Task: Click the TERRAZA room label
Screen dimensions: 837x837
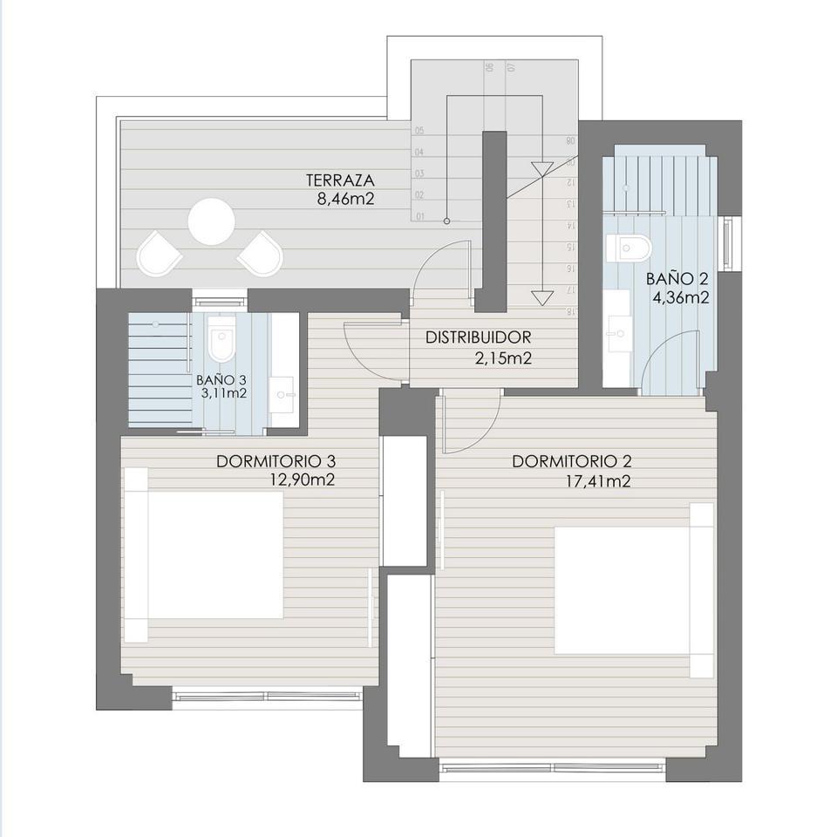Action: coord(340,180)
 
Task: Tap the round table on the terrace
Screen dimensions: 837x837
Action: coord(212,221)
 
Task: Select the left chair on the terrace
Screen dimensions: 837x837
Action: coord(160,253)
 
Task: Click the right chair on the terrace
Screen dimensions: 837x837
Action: coord(262,253)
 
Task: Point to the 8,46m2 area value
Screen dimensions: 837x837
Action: coord(347,198)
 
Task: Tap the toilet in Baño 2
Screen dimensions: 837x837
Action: coord(630,248)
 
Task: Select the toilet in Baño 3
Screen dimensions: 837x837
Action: coord(222,344)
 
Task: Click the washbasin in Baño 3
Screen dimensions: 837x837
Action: coord(283,394)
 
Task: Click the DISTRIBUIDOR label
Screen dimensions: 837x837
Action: coord(477,337)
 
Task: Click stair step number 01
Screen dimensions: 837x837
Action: coord(420,215)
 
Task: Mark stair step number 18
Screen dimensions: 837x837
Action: coord(570,310)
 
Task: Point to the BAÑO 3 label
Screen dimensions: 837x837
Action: coord(221,379)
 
